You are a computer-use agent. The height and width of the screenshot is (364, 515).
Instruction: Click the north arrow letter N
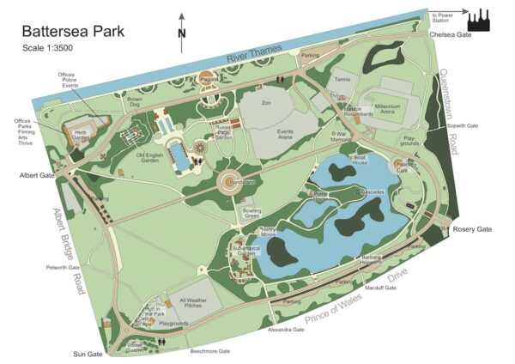181,34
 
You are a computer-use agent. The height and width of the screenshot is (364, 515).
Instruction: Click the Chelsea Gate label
451,35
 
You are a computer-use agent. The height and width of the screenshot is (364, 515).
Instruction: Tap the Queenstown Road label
448,111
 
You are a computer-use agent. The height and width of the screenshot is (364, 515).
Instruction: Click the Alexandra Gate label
286,330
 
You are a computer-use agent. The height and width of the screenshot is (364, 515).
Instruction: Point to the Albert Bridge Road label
69,251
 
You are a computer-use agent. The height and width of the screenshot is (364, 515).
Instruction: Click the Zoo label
266,103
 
